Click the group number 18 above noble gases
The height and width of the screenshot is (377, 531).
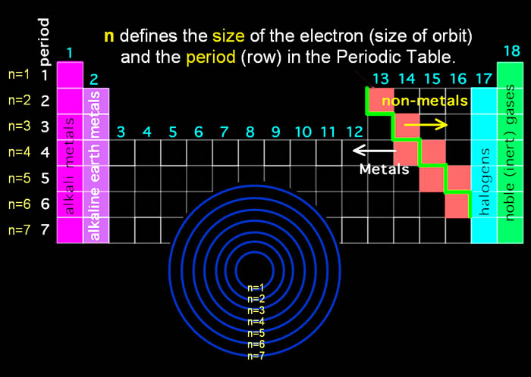(512, 52)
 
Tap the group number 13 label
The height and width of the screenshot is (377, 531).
(381, 79)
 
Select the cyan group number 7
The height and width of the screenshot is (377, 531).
(225, 132)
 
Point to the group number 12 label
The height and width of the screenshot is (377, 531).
(355, 132)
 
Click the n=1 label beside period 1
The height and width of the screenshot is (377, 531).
(19, 75)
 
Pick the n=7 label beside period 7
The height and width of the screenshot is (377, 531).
(19, 230)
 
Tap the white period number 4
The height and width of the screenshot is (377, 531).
(46, 152)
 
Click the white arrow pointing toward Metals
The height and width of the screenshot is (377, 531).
(374, 151)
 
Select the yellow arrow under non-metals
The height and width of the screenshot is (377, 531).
(426, 125)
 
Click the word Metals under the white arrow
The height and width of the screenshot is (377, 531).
(385, 169)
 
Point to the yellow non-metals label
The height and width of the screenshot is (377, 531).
(425, 101)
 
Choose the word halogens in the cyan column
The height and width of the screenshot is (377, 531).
(484, 182)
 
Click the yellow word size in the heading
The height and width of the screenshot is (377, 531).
(228, 36)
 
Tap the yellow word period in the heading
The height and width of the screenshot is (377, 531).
(211, 58)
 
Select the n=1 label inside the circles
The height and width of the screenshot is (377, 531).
(256, 288)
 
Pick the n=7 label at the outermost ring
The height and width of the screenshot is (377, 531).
(256, 355)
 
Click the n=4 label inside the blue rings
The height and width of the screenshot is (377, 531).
(256, 322)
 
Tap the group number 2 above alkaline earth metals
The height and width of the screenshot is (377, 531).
(94, 79)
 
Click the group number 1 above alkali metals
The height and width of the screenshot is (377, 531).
(70, 53)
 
